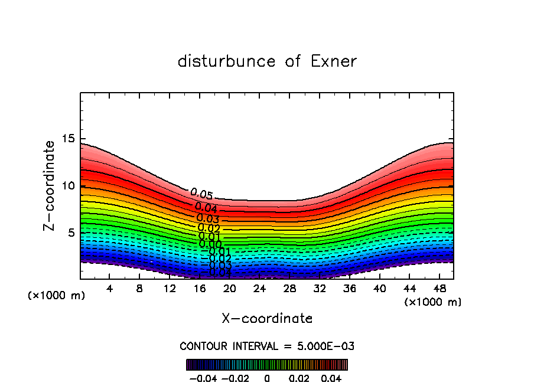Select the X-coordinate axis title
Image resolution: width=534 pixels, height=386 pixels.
click(x=267, y=319)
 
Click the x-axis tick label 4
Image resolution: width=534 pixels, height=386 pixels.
click(x=110, y=289)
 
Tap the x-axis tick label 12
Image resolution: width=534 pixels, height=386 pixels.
click(x=170, y=289)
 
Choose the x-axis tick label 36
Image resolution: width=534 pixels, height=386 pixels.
click(x=350, y=289)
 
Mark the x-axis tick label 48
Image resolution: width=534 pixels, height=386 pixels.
click(x=439, y=289)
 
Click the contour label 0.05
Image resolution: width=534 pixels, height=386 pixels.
click(x=201, y=194)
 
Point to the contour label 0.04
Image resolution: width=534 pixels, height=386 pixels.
click(x=206, y=207)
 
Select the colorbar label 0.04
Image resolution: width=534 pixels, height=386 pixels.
click(x=331, y=378)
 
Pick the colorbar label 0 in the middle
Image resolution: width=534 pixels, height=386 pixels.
click(x=267, y=378)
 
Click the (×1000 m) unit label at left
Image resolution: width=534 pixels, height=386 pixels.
click(x=57, y=296)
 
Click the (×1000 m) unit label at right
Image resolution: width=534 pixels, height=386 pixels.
click(x=433, y=302)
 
